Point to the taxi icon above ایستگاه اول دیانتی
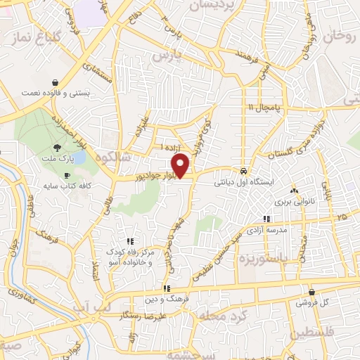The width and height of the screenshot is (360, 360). pyautogui.click(x=243, y=169)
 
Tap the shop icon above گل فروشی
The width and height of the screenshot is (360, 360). pyautogui.click(x=311, y=290)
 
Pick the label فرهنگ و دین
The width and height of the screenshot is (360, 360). pyautogui.click(x=166, y=300)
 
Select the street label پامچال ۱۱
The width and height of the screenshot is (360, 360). pyautogui.click(x=264, y=107)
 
